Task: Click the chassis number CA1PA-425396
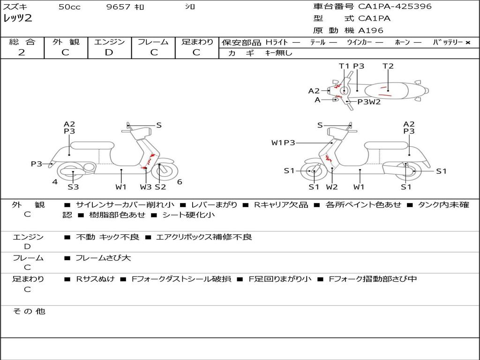pyautogui.click(x=395, y=7)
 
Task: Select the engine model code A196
pyautogui.click(x=371, y=30)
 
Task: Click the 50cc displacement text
pyautogui.click(x=69, y=7)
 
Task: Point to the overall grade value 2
pyautogui.click(x=22, y=52)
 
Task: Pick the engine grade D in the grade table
pyautogui.click(x=109, y=52)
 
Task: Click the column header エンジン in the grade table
pyautogui.click(x=109, y=42)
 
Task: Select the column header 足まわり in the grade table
pyautogui.click(x=197, y=42)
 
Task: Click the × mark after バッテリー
pyautogui.click(x=467, y=43)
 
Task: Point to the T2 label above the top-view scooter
pyautogui.click(x=388, y=66)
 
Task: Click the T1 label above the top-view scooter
pyautogui.click(x=345, y=66)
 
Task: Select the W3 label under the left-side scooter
pyautogui.click(x=146, y=187)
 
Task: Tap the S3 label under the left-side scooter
pyautogui.click(x=73, y=187)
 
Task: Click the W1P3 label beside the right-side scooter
pyautogui.click(x=283, y=142)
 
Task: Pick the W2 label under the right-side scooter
pyautogui.click(x=332, y=187)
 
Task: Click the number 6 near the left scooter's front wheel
pyautogui.click(x=180, y=182)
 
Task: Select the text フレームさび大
pyautogui.click(x=103, y=258)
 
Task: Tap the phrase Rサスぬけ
pyautogui.click(x=95, y=279)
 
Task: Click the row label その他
pyautogui.click(x=29, y=311)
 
